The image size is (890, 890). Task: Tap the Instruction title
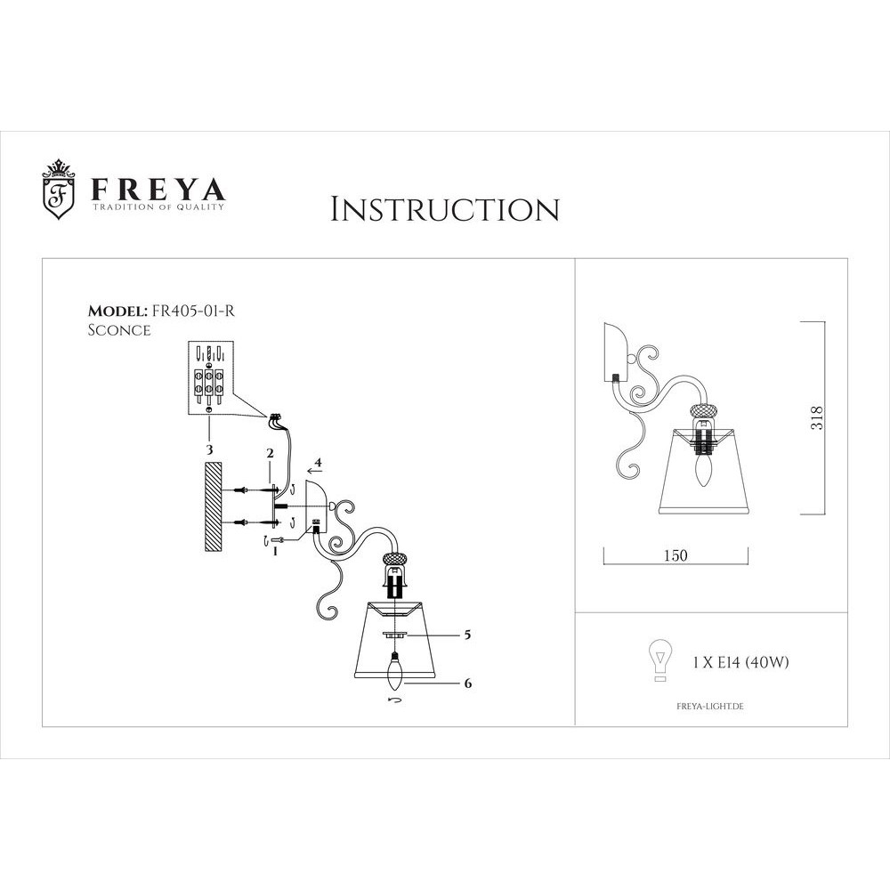tap(445, 209)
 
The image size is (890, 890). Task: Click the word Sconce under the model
tap(118, 329)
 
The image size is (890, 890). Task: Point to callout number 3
tap(209, 450)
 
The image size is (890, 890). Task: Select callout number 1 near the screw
tap(276, 551)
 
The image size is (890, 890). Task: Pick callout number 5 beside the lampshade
tap(466, 635)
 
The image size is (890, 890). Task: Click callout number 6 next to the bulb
tap(467, 684)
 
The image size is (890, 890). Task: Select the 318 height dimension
tap(819, 418)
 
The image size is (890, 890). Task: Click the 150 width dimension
tap(676, 555)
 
